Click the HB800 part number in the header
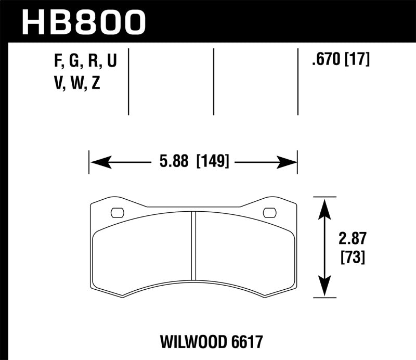click(83, 22)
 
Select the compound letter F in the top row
click(57, 62)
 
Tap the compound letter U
click(111, 62)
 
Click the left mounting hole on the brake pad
click(118, 212)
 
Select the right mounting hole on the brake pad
click(269, 212)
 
